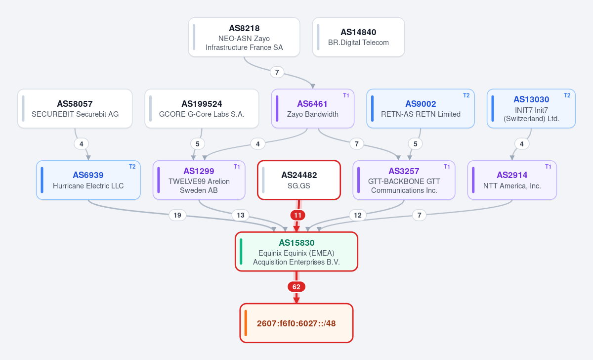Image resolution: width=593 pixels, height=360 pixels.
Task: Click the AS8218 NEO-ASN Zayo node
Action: point(244,37)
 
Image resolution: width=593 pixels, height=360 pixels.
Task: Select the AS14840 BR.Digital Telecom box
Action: point(358,37)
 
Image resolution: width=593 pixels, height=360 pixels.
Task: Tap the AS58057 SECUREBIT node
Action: point(75,109)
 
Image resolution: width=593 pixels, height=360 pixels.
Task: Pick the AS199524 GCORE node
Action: point(202,109)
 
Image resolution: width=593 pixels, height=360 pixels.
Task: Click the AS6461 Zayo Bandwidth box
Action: point(313,109)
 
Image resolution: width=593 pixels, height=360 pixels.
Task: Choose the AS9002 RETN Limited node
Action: point(421,109)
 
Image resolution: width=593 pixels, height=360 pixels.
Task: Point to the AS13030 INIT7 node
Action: point(531,109)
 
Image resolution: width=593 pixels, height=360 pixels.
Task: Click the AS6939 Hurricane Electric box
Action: point(88,180)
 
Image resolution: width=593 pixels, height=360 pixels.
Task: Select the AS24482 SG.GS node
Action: point(299,180)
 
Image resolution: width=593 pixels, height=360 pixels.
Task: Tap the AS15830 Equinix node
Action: point(296,252)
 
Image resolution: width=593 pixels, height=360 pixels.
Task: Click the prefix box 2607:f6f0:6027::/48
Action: point(296,323)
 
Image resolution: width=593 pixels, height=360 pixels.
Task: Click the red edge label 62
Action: point(296,287)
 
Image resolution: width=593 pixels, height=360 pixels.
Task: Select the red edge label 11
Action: point(298,215)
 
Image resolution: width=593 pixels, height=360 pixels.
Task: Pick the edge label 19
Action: point(177,215)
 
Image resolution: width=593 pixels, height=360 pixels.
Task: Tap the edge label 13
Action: point(240,215)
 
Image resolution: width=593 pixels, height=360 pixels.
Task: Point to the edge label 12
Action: point(358,215)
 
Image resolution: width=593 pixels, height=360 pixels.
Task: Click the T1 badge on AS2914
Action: point(548,167)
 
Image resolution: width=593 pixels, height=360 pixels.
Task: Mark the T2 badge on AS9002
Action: point(466,95)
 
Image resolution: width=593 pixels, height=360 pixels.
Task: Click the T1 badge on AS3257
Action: point(447,167)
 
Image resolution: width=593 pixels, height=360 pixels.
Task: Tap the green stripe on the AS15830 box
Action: point(241,252)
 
